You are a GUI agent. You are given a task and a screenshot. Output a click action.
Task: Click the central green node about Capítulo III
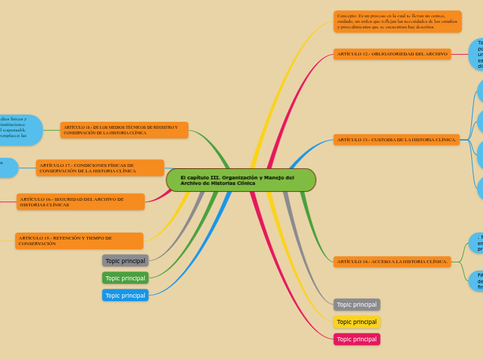[x=240, y=180]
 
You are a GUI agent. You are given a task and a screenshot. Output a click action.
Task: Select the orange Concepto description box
[x=397, y=21]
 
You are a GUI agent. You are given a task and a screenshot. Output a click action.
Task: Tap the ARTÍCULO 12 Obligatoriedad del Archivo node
[x=392, y=54]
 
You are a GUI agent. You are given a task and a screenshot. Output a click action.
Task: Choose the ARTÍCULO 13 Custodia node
[x=396, y=140]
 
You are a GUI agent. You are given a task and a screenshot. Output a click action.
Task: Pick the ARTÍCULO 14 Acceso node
[x=392, y=262]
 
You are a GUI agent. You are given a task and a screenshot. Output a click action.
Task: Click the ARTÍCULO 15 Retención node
[x=79, y=241]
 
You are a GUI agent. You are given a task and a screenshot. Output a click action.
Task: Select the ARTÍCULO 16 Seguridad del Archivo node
[x=80, y=202]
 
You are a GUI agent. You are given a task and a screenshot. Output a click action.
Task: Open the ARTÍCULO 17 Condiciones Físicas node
[x=100, y=168]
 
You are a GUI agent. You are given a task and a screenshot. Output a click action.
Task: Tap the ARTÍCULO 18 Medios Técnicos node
[x=124, y=130]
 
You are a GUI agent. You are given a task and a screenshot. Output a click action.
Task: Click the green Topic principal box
[x=125, y=278]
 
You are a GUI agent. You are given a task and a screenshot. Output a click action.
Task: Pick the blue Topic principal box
[x=125, y=296]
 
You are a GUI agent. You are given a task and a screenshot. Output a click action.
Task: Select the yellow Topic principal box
[x=357, y=322]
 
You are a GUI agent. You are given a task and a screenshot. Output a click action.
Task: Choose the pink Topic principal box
[x=357, y=339]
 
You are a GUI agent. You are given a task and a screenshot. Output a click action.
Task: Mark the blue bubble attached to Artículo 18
[x=21, y=129]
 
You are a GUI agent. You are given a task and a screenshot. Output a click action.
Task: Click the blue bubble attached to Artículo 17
[x=7, y=168]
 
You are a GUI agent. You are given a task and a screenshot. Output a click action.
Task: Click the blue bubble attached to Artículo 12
[x=477, y=54]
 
